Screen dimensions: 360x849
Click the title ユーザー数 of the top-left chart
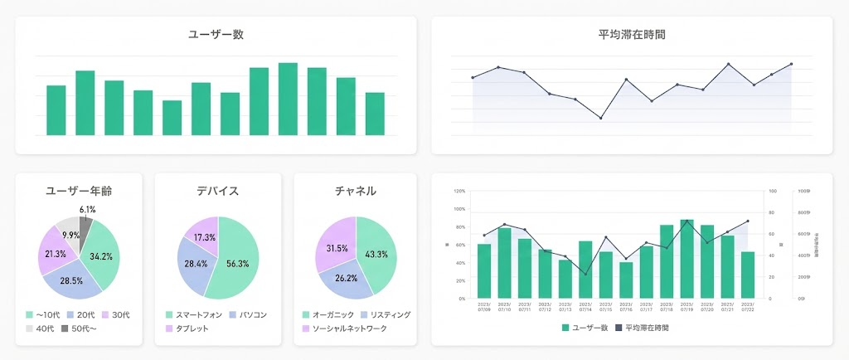[216, 34]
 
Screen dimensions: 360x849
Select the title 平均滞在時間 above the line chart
[632, 34]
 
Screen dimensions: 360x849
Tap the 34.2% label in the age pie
[101, 256]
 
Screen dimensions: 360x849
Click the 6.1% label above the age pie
[87, 209]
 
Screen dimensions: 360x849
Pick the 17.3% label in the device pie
[204, 237]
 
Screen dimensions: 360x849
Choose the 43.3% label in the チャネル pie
[376, 254]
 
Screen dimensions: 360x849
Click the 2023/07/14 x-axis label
[586, 308]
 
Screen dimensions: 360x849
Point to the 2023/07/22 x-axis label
[748, 308]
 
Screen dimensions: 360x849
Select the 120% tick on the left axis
[460, 191]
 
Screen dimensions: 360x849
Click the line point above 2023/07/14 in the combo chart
[586, 275]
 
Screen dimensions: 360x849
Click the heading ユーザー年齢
[79, 191]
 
